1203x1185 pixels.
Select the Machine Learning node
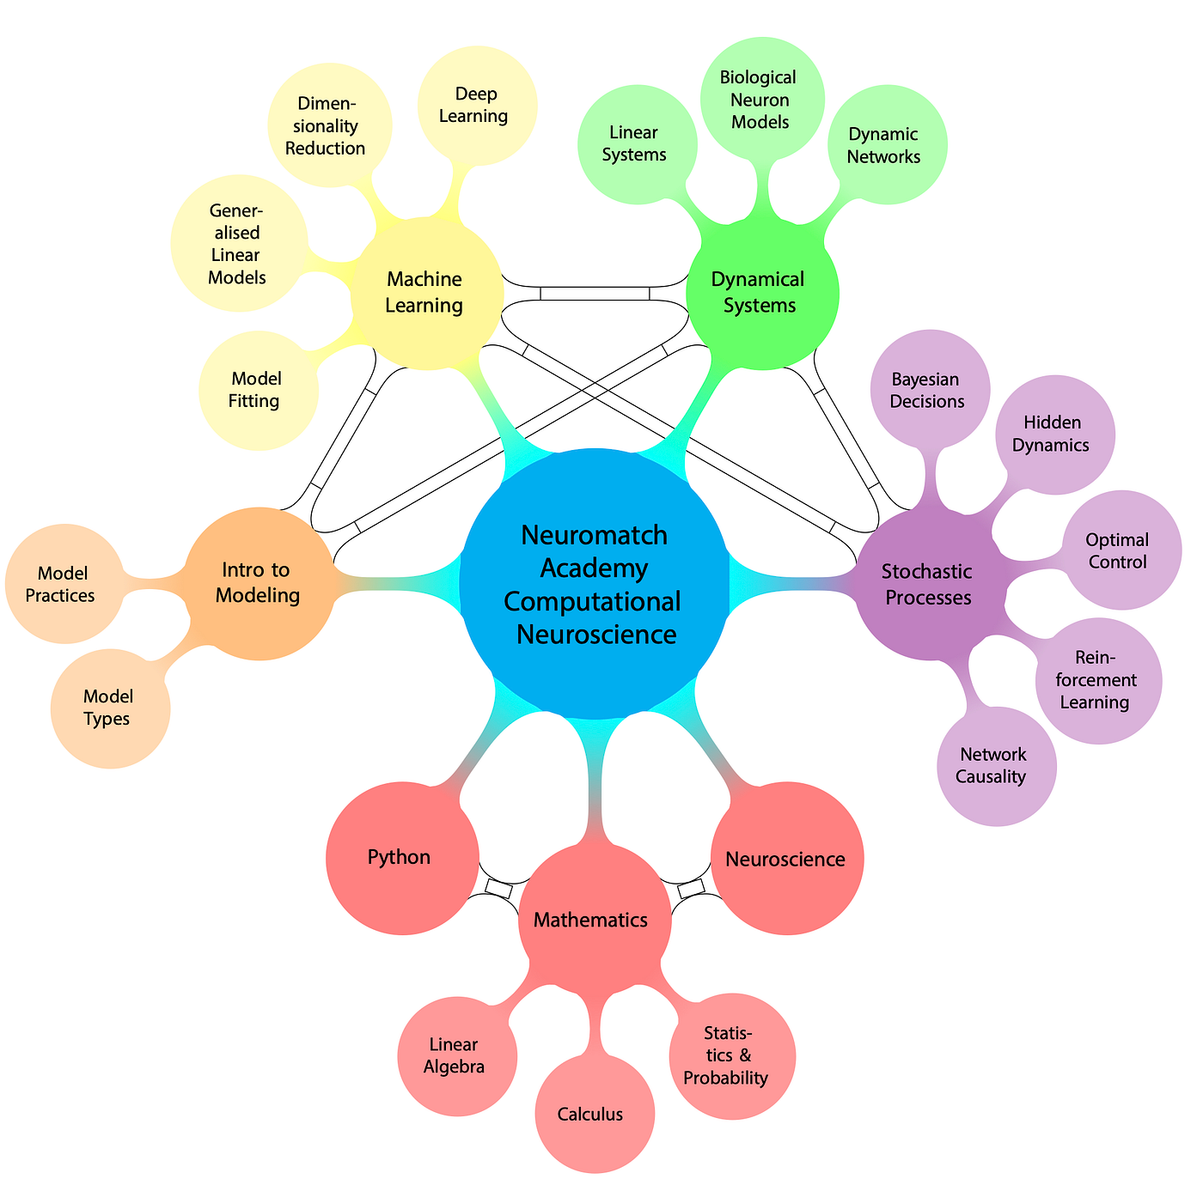(x=425, y=293)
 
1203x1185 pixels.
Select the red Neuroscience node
(x=786, y=859)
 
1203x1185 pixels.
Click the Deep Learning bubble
(x=475, y=105)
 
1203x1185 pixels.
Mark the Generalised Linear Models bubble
(x=238, y=244)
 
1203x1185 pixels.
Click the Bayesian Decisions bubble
(x=928, y=390)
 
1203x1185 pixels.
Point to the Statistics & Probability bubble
(x=734, y=1054)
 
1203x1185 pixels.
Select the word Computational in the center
(x=593, y=600)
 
